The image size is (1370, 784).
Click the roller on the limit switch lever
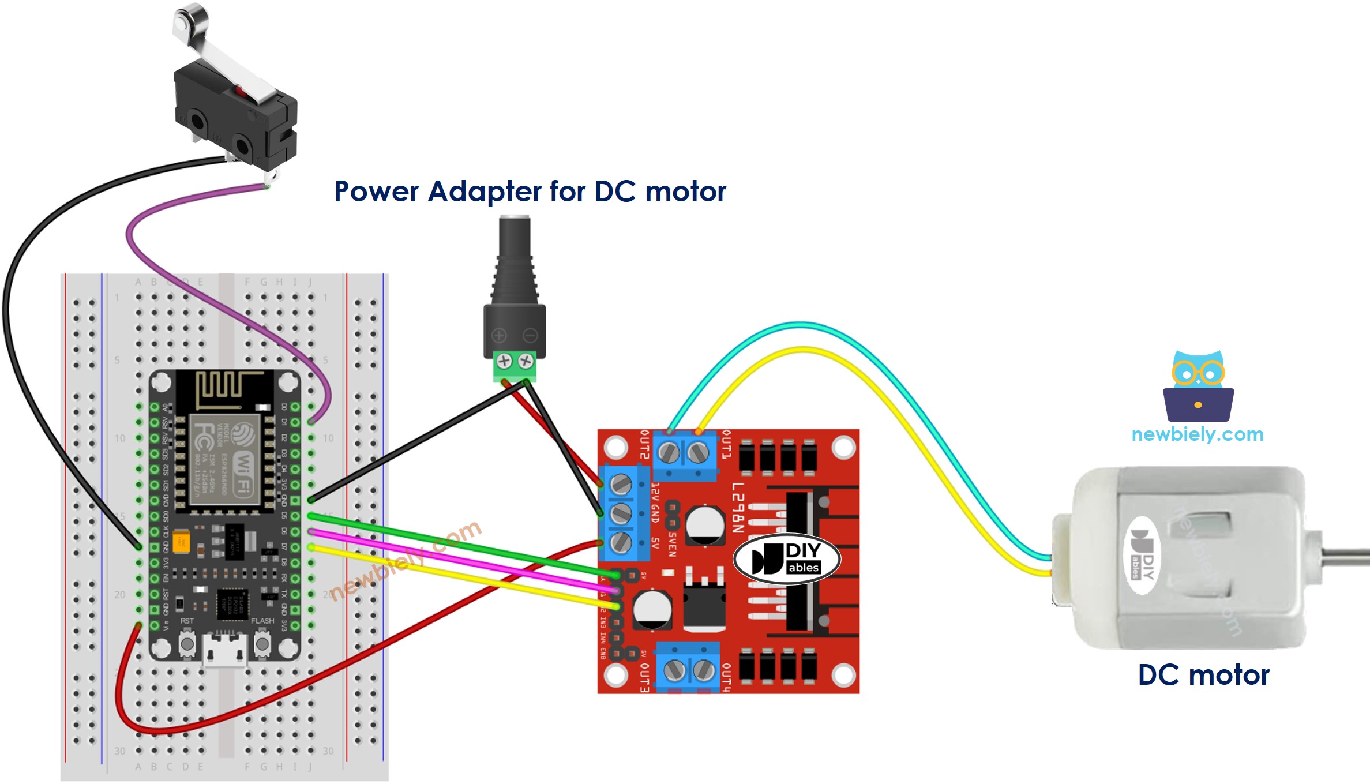click(183, 21)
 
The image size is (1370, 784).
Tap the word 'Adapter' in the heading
click(485, 192)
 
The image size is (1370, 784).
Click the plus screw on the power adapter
click(504, 362)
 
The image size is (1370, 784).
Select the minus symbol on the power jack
click(530, 335)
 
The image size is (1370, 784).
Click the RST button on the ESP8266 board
click(187, 643)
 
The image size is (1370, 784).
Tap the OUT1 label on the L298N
click(726, 445)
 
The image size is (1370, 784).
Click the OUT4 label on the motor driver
click(726, 677)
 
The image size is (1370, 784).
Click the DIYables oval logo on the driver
click(786, 559)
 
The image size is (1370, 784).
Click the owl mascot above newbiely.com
click(1198, 386)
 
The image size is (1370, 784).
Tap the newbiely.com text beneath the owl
click(1198, 434)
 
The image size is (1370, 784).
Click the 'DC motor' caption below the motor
click(1203, 675)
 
